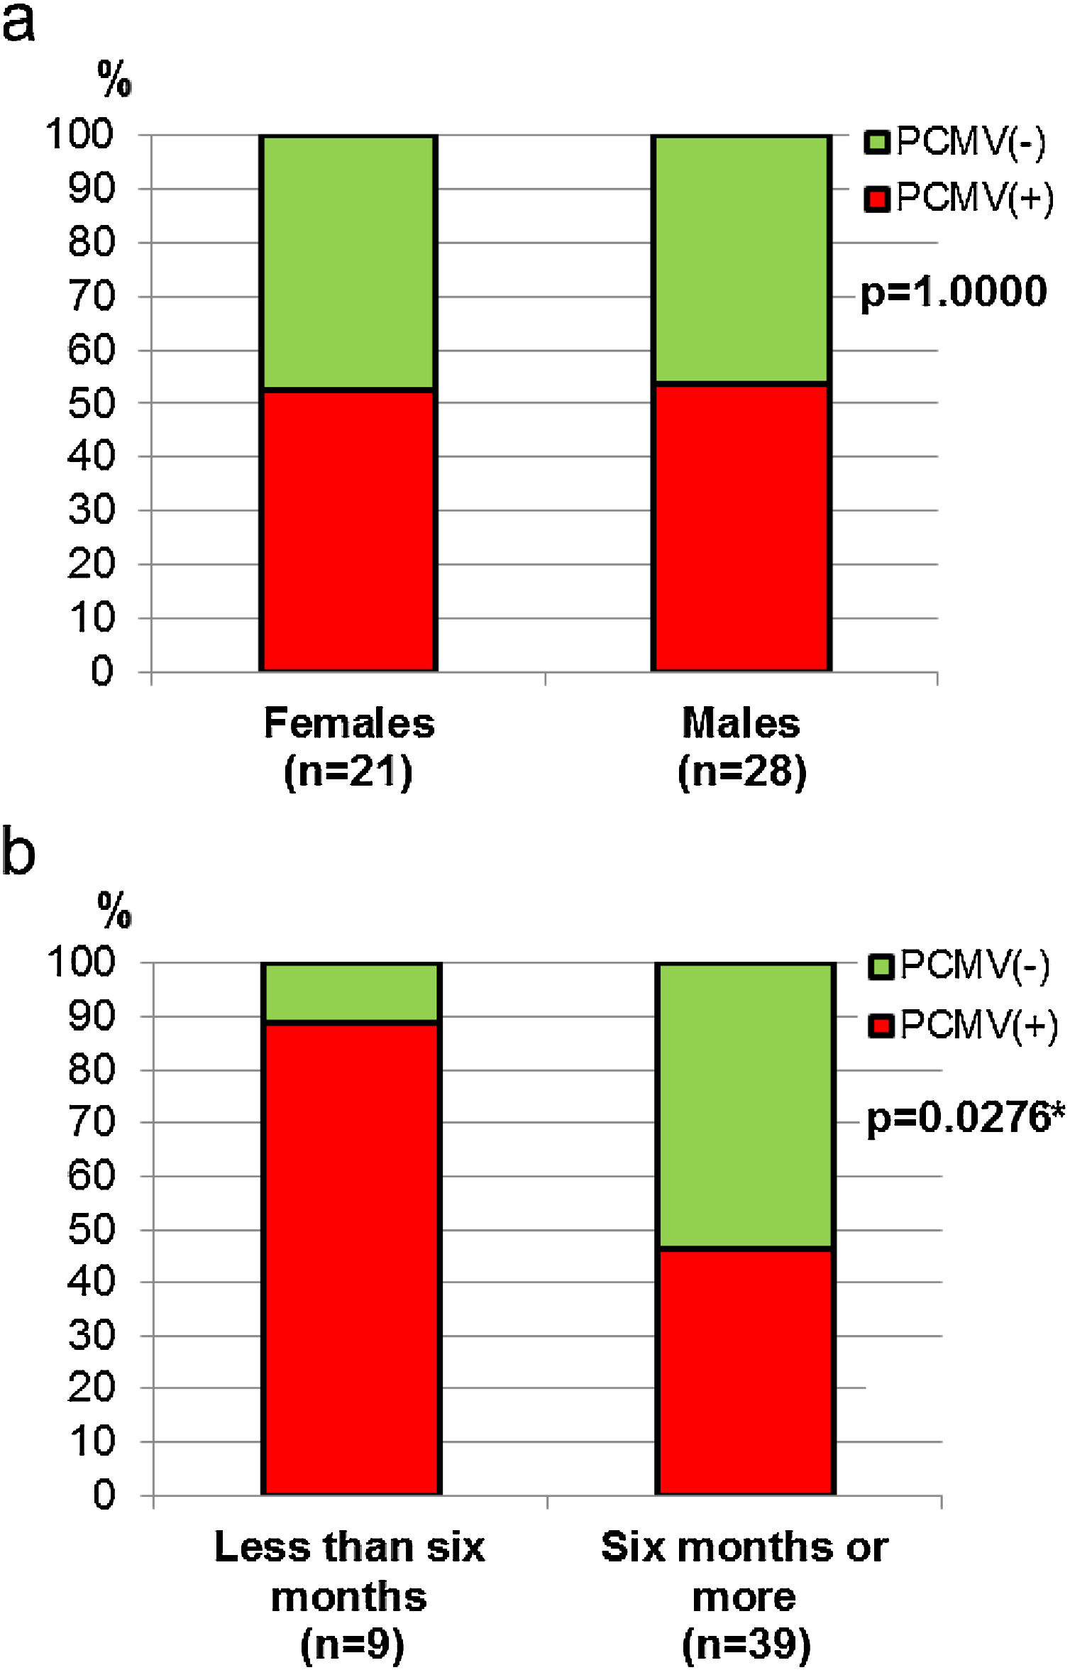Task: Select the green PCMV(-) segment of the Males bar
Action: [x=741, y=259]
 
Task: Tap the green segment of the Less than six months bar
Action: [x=352, y=992]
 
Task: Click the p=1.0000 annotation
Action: [x=953, y=292]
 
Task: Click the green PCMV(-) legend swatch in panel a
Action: [x=876, y=142]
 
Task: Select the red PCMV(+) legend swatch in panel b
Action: [x=881, y=1026]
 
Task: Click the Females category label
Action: [x=349, y=724]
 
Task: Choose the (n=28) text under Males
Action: [x=742, y=771]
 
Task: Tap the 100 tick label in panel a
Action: [x=79, y=134]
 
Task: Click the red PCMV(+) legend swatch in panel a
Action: [x=876, y=199]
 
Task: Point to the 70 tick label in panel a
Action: [x=91, y=296]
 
